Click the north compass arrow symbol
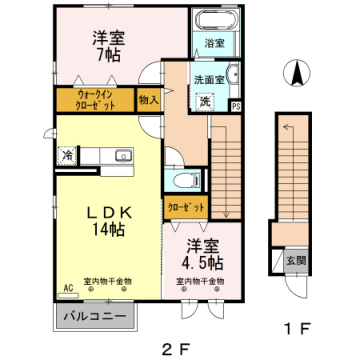(295, 73)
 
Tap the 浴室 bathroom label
(213, 43)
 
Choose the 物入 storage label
(148, 100)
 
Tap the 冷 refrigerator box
(66, 155)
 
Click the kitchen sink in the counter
(123, 155)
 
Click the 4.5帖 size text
(200, 263)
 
